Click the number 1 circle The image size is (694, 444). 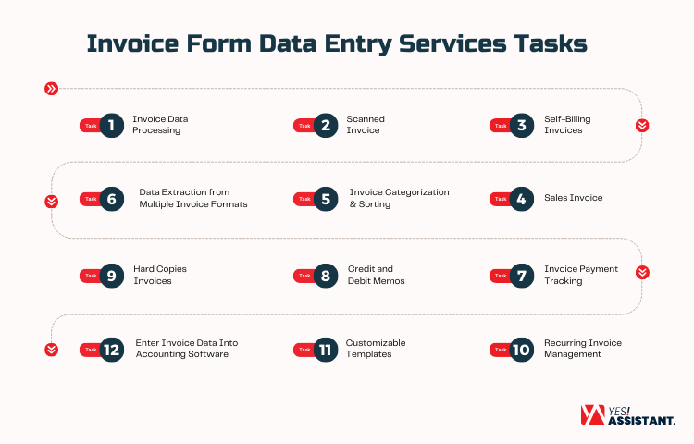pyautogui.click(x=111, y=125)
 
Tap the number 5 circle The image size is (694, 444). pyautogui.click(x=325, y=198)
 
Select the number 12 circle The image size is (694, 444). pyautogui.click(x=111, y=349)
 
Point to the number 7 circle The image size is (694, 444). pyautogui.click(x=521, y=275)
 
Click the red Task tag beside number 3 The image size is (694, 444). pyautogui.click(x=501, y=125)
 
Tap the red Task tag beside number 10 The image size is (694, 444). pyautogui.click(x=501, y=349)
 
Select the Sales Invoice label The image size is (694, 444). pyautogui.click(x=573, y=198)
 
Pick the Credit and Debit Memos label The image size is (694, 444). pyautogui.click(x=376, y=275)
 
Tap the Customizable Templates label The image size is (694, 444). pyautogui.click(x=376, y=349)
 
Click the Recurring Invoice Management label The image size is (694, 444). pyautogui.click(x=582, y=349)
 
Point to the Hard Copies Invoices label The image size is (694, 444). pyautogui.click(x=159, y=275)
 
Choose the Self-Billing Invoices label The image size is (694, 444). pyautogui.click(x=566, y=125)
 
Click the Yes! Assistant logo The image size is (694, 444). pyautogui.click(x=626, y=415)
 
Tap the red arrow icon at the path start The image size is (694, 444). pyautogui.click(x=51, y=89)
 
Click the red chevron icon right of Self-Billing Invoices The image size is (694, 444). pyautogui.click(x=641, y=125)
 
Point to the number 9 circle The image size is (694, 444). pyautogui.click(x=111, y=275)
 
